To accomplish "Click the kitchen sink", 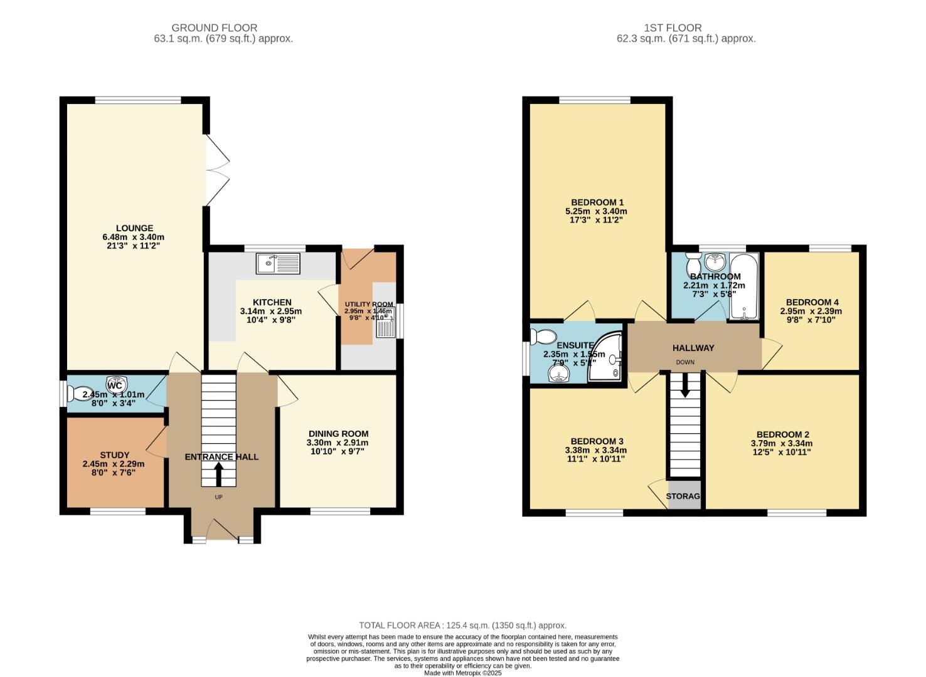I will [278, 263].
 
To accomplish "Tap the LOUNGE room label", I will [134, 228].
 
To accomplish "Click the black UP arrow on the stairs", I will [218, 473].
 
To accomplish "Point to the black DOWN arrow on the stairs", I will [684, 384].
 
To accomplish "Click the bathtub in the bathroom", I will [744, 286].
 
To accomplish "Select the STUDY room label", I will [115, 455].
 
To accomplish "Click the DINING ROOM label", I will [338, 434].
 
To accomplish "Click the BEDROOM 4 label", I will [812, 302].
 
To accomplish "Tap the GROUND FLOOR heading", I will [214, 28].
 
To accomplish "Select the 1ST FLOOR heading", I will [673, 28].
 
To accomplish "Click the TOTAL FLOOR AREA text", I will [462, 625].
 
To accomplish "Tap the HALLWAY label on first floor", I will [693, 348].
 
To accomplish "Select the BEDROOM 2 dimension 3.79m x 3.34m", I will [782, 443].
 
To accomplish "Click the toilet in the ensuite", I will [541, 337].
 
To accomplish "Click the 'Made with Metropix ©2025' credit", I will [462, 673].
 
